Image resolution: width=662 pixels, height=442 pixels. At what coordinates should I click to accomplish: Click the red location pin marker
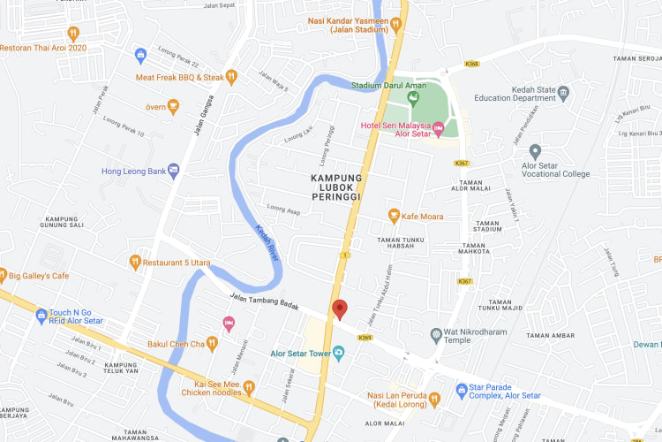coord(340,309)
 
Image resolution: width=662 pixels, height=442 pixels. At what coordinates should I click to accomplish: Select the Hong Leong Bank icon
coord(174,170)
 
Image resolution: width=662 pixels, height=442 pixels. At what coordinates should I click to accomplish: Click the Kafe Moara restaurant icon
coord(395,216)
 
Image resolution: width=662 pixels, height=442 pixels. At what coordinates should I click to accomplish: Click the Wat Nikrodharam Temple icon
coord(435,334)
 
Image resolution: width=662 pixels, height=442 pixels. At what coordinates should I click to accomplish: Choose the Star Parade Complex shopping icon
coord(461,389)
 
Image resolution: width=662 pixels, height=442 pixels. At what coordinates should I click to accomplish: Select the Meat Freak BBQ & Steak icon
coord(231,77)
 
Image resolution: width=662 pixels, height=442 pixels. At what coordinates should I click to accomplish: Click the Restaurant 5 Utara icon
coord(135,262)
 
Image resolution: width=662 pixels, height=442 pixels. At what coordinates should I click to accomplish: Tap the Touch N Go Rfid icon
coord(41,316)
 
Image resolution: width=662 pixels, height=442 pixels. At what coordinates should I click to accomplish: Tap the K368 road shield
coord(471,64)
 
